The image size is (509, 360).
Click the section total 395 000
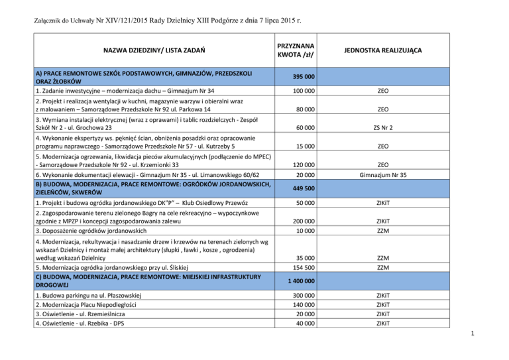(x=302, y=77)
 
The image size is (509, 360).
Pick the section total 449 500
(x=302, y=188)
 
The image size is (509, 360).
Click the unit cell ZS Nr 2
(x=383, y=127)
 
